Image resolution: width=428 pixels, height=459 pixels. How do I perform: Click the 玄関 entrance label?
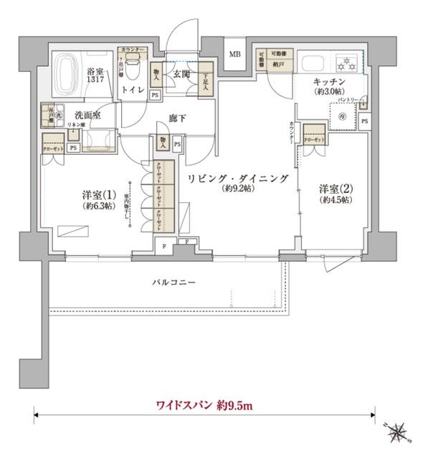[x=179, y=72]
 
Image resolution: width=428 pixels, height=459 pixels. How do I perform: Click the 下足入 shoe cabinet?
[x=206, y=75]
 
